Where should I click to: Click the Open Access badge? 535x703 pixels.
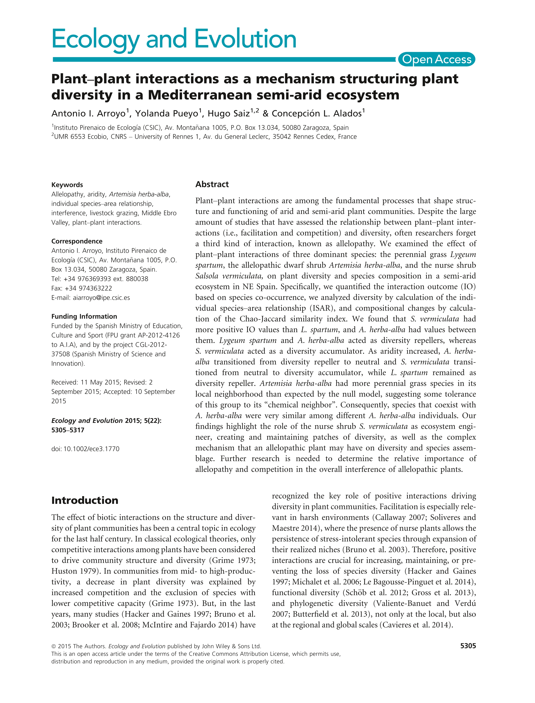coord(436,60)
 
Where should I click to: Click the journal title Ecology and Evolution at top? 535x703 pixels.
coord(174,39)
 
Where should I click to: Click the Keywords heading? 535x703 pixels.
coord(67,185)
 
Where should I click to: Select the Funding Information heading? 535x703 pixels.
coord(84,316)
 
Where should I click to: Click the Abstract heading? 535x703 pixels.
coord(212,184)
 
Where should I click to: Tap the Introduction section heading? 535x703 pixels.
coord(85,500)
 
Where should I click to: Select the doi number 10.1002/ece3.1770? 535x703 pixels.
coord(91,449)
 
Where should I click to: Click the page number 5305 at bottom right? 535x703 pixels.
coord(468,646)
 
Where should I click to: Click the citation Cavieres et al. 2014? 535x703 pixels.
coord(415,625)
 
